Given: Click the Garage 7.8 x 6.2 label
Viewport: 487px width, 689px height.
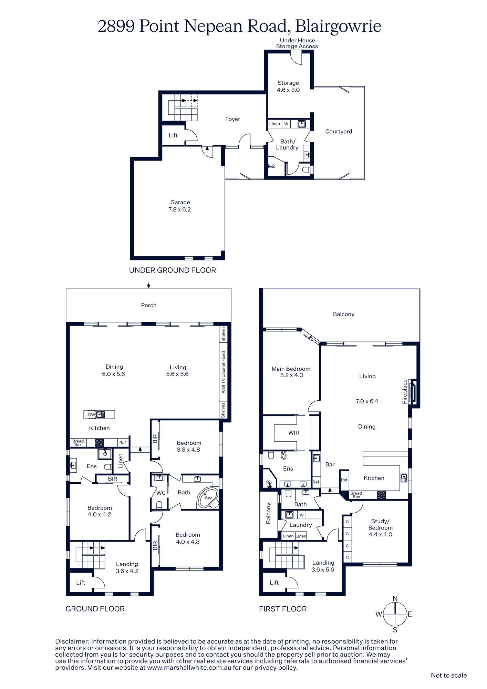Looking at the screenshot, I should pyautogui.click(x=180, y=206).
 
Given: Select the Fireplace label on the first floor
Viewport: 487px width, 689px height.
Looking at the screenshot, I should pyautogui.click(x=405, y=391).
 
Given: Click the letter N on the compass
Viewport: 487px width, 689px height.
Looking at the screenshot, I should pyautogui.click(x=395, y=598).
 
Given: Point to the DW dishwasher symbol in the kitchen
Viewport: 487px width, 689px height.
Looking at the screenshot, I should pyautogui.click(x=91, y=414).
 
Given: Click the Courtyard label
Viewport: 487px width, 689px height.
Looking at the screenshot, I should pyautogui.click(x=339, y=131).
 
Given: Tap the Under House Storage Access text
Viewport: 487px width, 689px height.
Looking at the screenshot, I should pyautogui.click(x=297, y=43).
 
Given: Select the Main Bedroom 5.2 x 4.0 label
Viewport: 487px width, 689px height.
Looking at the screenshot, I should pyautogui.click(x=291, y=372).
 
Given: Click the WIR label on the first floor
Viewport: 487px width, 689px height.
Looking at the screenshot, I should pyautogui.click(x=293, y=433).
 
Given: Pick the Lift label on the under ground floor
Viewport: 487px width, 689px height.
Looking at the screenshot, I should pyautogui.click(x=173, y=135).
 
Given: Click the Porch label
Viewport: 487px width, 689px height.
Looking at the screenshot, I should pyautogui.click(x=149, y=305).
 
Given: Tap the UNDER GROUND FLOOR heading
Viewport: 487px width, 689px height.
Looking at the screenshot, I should pyautogui.click(x=172, y=270).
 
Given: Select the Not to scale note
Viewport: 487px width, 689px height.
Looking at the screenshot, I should pyautogui.click(x=449, y=675).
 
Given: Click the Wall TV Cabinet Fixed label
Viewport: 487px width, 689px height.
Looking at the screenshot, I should pyautogui.click(x=223, y=372).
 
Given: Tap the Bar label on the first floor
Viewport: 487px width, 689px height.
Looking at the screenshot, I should pyautogui.click(x=330, y=464).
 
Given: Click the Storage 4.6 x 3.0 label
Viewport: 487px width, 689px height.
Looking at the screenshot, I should pyautogui.click(x=288, y=86).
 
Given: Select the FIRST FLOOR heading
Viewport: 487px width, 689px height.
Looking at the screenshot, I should pyautogui.click(x=283, y=609).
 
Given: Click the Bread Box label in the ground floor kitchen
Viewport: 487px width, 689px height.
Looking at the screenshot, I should pyautogui.click(x=78, y=443).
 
